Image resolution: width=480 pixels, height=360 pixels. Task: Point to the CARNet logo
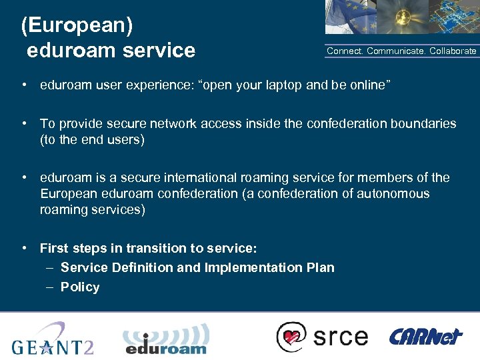click(x=425, y=336)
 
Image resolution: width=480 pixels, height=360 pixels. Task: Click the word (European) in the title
click(x=77, y=25)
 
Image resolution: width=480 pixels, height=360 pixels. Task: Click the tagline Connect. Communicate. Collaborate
click(x=401, y=51)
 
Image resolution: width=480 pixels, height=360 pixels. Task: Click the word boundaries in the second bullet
click(x=424, y=124)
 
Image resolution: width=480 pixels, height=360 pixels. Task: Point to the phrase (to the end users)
click(x=92, y=140)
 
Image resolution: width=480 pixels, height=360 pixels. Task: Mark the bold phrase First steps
click(x=69, y=249)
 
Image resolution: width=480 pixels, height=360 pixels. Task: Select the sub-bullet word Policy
click(x=80, y=287)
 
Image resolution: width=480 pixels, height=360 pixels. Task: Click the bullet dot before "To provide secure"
click(x=24, y=124)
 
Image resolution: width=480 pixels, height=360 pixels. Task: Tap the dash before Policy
click(x=51, y=287)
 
